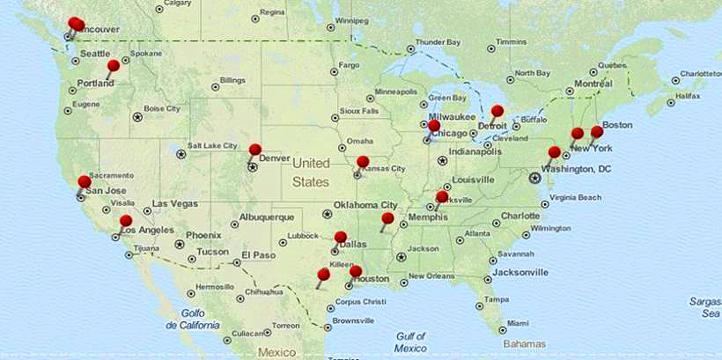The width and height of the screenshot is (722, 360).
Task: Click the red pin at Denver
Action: (x=255, y=150)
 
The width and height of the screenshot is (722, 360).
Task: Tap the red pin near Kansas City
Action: (x=363, y=162)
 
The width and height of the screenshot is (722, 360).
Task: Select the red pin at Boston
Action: (x=597, y=132)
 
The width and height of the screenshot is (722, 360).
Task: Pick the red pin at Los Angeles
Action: (x=126, y=221)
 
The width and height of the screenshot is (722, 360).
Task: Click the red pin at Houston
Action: (x=356, y=271)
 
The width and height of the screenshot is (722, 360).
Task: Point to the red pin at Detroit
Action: (x=497, y=111)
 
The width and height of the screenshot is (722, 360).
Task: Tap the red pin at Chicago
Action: (x=433, y=126)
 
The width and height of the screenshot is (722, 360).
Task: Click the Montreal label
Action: (x=593, y=84)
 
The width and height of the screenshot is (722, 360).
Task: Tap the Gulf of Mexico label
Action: (x=410, y=342)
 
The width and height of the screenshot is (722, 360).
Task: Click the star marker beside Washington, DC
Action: (x=534, y=178)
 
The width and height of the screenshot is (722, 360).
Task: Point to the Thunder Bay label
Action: (x=438, y=42)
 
